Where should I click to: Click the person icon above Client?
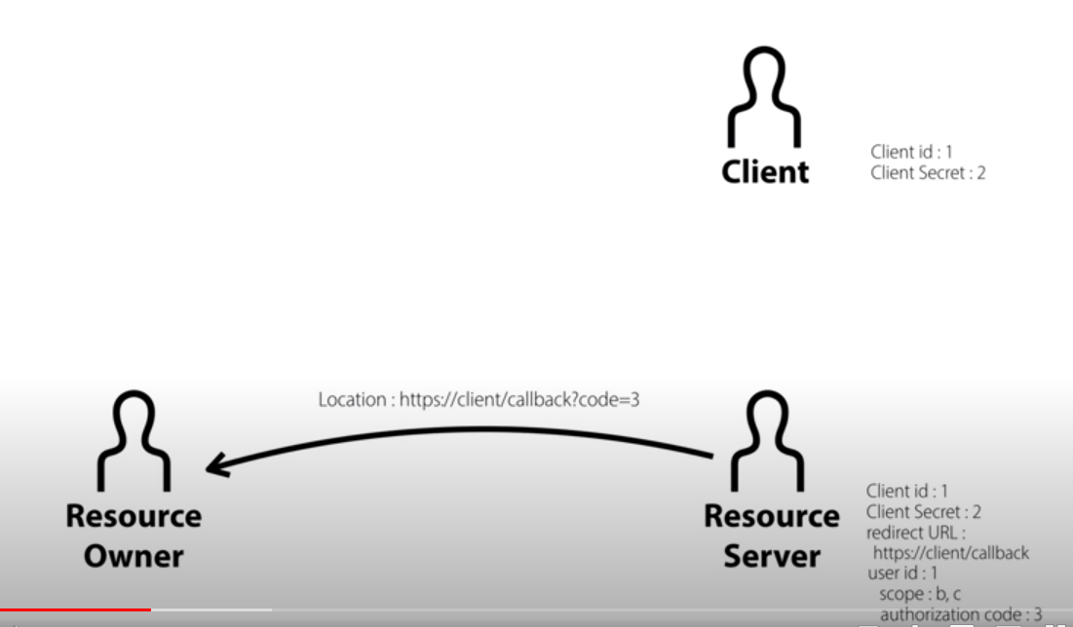click(765, 98)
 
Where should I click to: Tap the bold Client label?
click(765, 172)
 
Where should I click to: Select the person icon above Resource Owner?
click(134, 440)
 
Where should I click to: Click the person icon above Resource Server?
click(771, 440)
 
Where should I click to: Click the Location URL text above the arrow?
click(479, 399)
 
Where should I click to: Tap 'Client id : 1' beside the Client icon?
click(911, 152)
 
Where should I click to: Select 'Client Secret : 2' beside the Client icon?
click(928, 173)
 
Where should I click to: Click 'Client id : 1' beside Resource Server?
click(907, 491)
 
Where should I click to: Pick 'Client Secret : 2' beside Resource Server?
click(924, 511)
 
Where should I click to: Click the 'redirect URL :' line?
click(915, 533)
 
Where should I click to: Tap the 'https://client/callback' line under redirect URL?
click(951, 553)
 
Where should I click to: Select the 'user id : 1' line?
click(901, 573)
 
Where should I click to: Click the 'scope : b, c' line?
click(920, 594)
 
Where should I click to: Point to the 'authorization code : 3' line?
click(961, 614)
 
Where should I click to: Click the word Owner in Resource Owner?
click(134, 556)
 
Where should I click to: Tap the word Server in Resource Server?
click(771, 556)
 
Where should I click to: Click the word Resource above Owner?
click(134, 516)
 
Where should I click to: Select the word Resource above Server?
click(771, 516)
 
